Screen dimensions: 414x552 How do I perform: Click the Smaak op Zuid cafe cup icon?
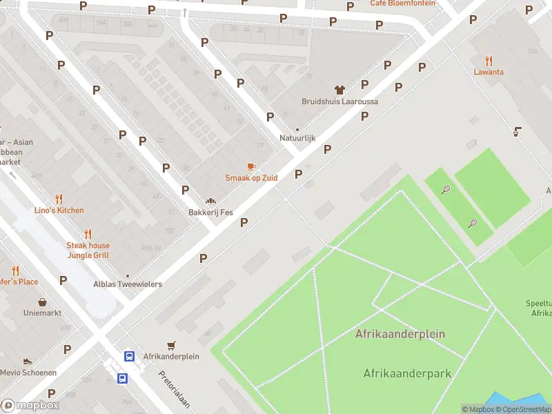pyautogui.click(x=251, y=166)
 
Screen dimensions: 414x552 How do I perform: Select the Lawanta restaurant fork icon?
pyautogui.click(x=489, y=61)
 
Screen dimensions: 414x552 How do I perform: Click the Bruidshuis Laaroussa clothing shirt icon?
pyautogui.click(x=339, y=90)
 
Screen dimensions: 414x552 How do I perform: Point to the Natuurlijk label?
pyautogui.click(x=297, y=138)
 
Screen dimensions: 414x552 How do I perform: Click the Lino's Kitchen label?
pyautogui.click(x=59, y=210)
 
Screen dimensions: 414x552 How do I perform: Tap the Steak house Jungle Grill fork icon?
pyautogui.click(x=88, y=234)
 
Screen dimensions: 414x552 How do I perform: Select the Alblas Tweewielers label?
pyautogui.click(x=128, y=284)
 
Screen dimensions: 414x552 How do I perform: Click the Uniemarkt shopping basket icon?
pyautogui.click(x=43, y=302)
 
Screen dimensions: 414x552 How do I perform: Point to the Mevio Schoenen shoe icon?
pyautogui.click(x=28, y=361)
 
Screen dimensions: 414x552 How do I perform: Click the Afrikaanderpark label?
pyautogui.click(x=407, y=373)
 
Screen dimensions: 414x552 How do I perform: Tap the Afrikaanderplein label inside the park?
pyautogui.click(x=400, y=334)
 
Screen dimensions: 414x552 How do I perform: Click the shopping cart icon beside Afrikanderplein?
pyautogui.click(x=171, y=345)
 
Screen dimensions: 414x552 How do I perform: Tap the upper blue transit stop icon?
pyautogui.click(x=129, y=356)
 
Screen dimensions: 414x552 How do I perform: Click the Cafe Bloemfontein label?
pyautogui.click(x=402, y=3)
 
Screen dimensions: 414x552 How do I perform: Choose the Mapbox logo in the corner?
pyautogui.click(x=30, y=406)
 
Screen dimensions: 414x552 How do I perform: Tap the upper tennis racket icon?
pyautogui.click(x=446, y=190)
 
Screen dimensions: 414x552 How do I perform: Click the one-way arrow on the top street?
pyautogui.click(x=184, y=12)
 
